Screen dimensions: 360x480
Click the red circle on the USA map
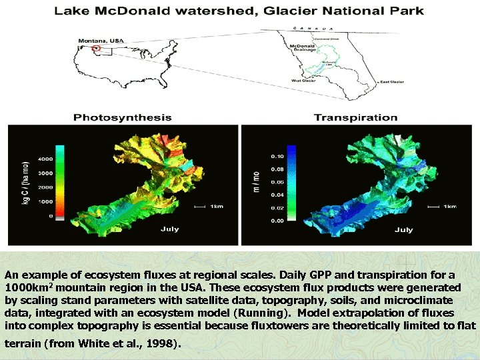pyautogui.click(x=97, y=48)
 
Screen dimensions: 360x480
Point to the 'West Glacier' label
pyautogui.click(x=303, y=81)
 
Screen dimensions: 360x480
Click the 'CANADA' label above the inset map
pyautogui.click(x=313, y=28)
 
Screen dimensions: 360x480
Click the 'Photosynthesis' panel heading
pyautogui.click(x=122, y=117)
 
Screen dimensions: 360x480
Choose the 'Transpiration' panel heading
pyautogui.click(x=355, y=117)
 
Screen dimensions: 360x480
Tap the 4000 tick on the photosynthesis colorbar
pyautogui.click(x=45, y=159)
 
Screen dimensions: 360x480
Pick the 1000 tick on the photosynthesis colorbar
pyautogui.click(x=45, y=201)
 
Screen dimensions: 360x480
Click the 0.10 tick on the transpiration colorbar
pyautogui.click(x=277, y=156)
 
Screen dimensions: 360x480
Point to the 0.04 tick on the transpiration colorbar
pyautogui.click(x=277, y=195)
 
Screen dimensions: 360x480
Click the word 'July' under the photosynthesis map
pyautogui.click(x=169, y=229)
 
